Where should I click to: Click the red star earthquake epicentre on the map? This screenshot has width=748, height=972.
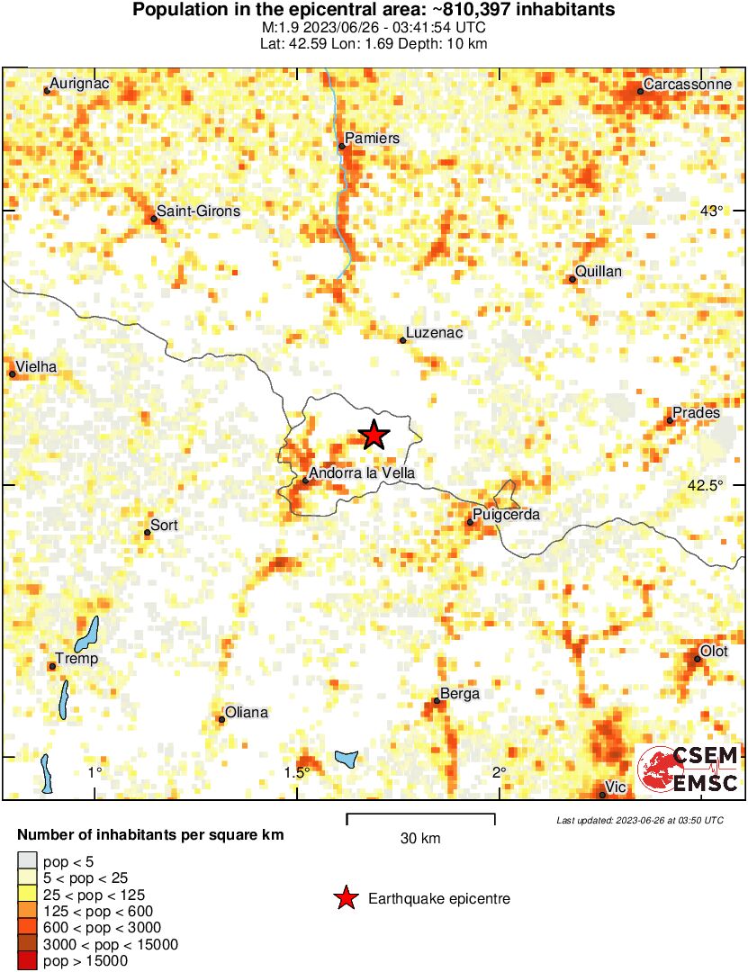374,436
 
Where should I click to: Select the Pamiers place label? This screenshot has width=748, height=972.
373,139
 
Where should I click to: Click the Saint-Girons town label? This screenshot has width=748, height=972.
199,211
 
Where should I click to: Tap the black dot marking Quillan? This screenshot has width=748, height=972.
572,280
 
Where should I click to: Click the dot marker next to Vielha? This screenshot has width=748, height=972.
13,373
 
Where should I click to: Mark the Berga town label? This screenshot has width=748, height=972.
460,693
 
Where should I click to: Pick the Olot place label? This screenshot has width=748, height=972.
715,652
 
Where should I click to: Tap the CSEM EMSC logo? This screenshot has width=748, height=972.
689,769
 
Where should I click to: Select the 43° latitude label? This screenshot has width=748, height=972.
711,211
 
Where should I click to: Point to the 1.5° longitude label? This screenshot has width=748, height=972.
297,772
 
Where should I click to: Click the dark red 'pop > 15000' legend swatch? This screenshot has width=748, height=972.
27,961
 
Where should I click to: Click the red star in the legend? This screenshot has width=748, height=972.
344,898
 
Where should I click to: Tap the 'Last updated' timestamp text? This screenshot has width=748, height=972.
639,820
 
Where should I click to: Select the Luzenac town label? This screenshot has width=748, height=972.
434,333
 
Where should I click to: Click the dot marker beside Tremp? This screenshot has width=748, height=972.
52,666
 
